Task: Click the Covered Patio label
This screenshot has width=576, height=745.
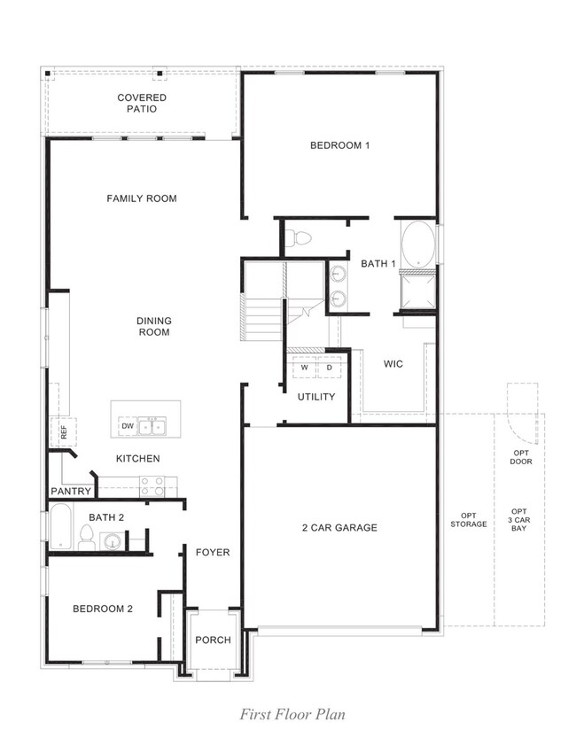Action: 142,103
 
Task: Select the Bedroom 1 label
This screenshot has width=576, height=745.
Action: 339,145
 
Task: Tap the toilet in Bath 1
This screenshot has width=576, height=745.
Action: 300,237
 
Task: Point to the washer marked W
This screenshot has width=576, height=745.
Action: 305,367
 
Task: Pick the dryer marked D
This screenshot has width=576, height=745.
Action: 329,367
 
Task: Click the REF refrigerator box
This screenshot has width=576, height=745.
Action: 63,432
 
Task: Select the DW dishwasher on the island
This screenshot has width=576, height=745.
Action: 128,426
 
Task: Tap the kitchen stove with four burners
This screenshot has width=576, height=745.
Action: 152,486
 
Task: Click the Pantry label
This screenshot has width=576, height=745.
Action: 71,491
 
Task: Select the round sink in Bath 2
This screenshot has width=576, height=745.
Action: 113,541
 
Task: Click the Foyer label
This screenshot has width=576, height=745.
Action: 213,552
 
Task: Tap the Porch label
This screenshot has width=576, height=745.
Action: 213,640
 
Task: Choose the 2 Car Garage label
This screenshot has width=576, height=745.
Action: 339,528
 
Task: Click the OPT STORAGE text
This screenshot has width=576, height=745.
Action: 468,520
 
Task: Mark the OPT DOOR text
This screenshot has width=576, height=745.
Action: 521,457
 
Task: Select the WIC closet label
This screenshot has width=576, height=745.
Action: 394,363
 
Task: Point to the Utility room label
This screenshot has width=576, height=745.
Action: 316,396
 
